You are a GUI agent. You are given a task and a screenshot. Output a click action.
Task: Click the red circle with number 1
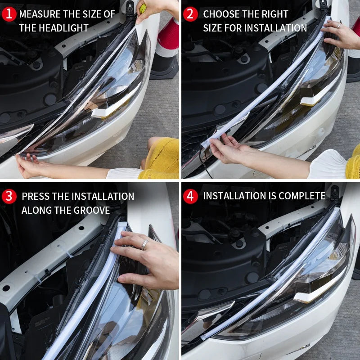coord(9,14)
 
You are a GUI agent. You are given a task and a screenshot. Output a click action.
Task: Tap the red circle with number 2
coord(190,14)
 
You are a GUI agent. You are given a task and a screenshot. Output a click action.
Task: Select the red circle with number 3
coord(9,196)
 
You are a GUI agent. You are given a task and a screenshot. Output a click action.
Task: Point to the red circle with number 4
coord(190,196)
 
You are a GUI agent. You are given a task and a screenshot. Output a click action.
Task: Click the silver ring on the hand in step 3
coord(145,244)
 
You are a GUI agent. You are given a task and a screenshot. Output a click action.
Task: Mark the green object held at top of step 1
coord(143,8)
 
